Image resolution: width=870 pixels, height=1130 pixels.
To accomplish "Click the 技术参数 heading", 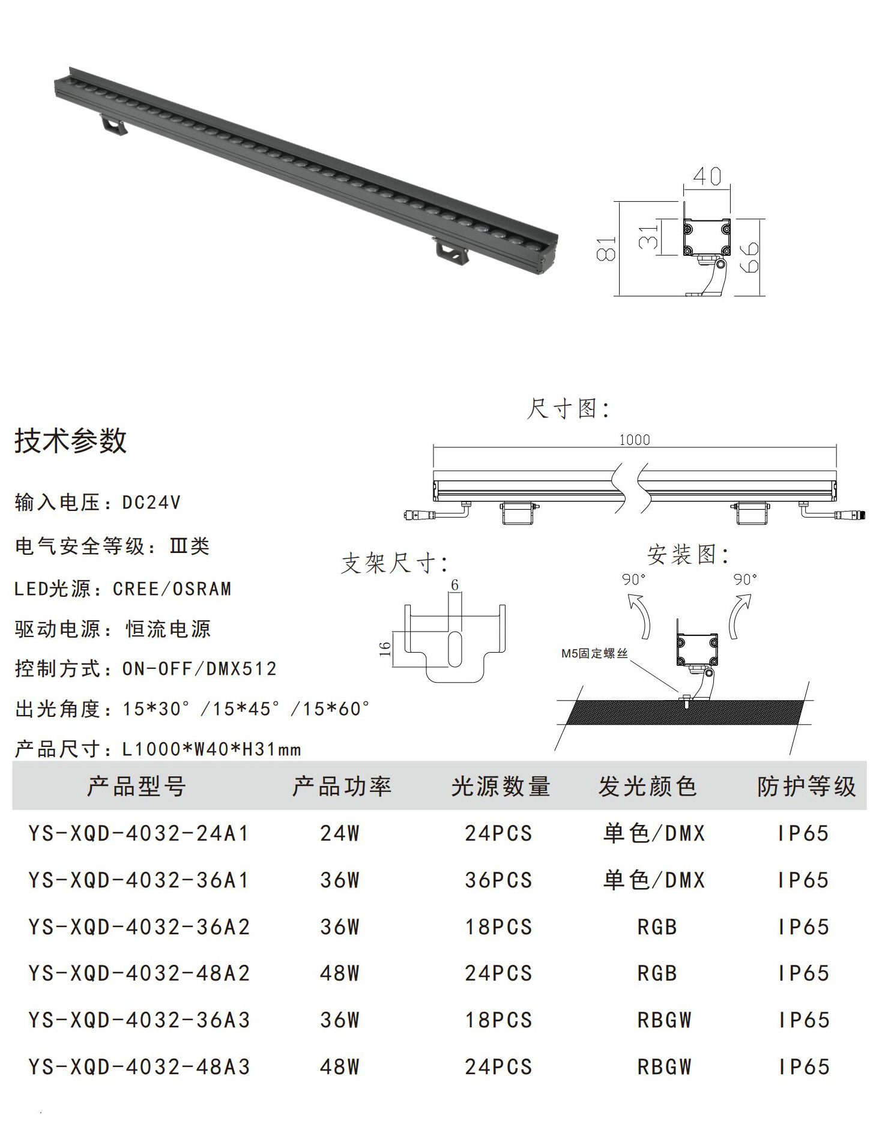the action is [70, 441].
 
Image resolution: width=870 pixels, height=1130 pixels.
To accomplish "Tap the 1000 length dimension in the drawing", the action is [635, 440].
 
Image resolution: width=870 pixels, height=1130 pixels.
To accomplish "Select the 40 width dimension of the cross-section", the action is [707, 176].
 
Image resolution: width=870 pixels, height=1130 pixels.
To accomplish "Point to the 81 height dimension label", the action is [606, 249].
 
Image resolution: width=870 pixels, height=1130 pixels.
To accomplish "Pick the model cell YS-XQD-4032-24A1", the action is [139, 833].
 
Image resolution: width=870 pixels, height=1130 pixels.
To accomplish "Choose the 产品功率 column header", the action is [342, 786].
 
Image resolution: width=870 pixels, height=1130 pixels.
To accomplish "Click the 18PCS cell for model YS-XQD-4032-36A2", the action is [499, 927].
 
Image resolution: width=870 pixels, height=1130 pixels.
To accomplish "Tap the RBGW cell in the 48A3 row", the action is [665, 1067].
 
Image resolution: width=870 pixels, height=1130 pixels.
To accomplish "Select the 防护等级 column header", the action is [806, 786].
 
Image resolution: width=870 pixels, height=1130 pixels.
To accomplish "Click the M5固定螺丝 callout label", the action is [594, 653].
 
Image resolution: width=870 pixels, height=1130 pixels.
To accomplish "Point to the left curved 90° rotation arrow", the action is [639, 615].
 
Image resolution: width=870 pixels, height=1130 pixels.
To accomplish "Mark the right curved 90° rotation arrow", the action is [740, 615].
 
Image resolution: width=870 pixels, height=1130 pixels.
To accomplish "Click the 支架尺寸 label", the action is [394, 563].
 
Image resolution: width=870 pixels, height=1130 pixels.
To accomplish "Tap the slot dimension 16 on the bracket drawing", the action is [385, 649].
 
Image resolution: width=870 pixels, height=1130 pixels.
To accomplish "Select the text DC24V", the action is [151, 502].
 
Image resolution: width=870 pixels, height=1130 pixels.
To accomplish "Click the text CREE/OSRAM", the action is [172, 588].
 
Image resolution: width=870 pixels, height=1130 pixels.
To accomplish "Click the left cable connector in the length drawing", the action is [420, 515].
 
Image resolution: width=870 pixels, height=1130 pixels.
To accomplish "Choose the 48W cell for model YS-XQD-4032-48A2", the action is [340, 973].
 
